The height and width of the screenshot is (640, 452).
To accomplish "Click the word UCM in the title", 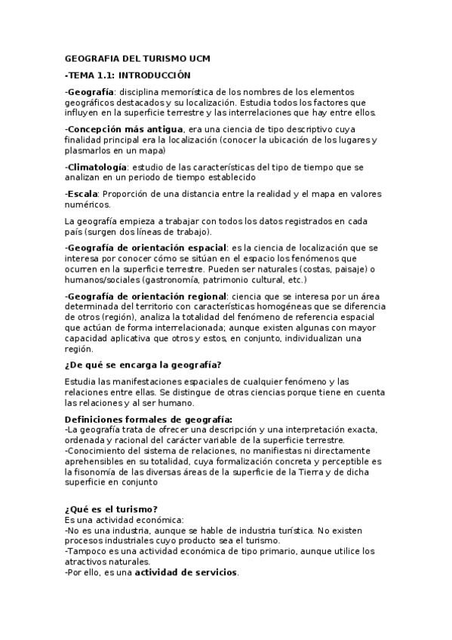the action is click(x=198, y=58).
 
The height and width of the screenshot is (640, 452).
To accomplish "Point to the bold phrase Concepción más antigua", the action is click(x=126, y=129).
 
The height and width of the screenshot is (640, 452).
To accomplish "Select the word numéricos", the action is click(x=88, y=204).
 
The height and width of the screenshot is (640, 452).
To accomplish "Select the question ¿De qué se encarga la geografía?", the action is click(x=143, y=365).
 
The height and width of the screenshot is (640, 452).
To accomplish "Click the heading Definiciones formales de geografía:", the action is click(x=149, y=419).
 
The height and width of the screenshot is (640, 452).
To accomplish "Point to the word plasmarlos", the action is click(x=90, y=150).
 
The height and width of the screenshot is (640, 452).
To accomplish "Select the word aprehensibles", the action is click(x=95, y=461).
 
